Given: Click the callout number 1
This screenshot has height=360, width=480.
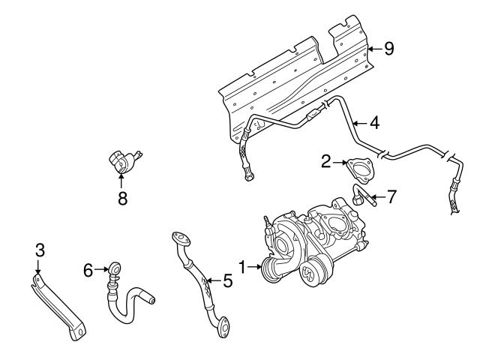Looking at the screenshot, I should pos(242,265).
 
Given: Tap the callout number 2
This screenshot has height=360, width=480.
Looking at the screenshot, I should pos(325,160).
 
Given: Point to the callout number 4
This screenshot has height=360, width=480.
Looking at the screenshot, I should pos(374,121).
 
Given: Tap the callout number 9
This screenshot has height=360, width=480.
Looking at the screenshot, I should pos(388,49).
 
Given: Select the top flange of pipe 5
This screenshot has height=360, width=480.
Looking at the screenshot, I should pos(178,239).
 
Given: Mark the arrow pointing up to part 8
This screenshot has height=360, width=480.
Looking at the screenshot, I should pos(121,181).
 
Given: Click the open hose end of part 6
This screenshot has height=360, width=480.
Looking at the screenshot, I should pos(154,301).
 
